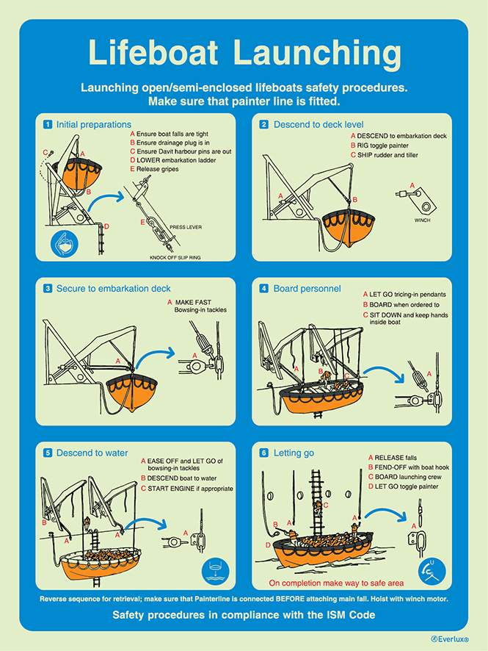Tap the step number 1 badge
pyautogui.click(x=48, y=124)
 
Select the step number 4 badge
pyautogui.click(x=263, y=289)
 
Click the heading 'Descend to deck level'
pyautogui.click(x=318, y=124)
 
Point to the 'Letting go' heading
pyautogui.click(x=294, y=453)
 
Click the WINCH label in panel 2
pyautogui.click(x=422, y=220)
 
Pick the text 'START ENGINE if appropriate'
pyautogui.click(x=190, y=488)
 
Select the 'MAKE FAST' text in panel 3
pyautogui.click(x=193, y=302)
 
